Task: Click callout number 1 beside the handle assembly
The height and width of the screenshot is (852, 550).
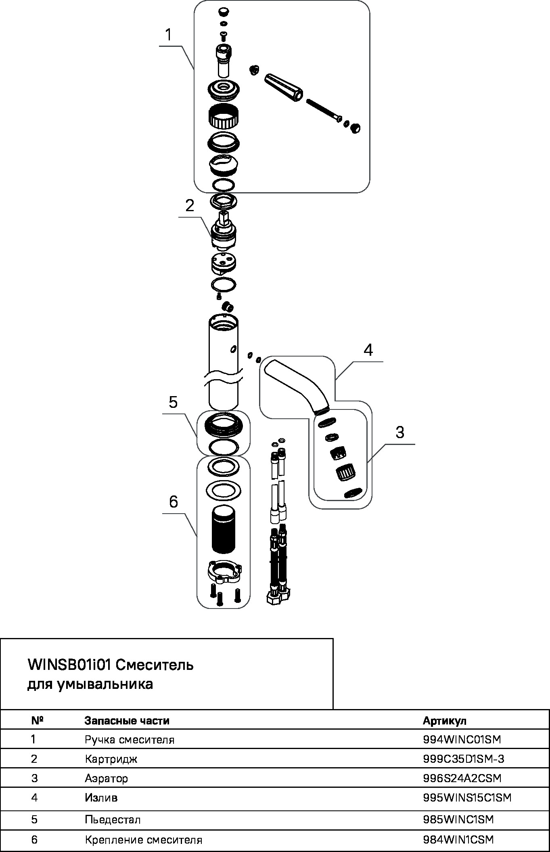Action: pyautogui.click(x=168, y=35)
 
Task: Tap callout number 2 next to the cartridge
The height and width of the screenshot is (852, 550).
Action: pyautogui.click(x=190, y=206)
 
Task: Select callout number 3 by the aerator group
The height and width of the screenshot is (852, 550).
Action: pyautogui.click(x=399, y=432)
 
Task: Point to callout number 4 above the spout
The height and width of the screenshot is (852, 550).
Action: pyautogui.click(x=368, y=350)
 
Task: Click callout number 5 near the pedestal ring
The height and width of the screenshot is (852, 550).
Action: pyautogui.click(x=173, y=402)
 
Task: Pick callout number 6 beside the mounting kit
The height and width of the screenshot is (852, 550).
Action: pyautogui.click(x=173, y=502)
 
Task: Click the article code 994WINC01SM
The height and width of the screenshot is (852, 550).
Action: pyautogui.click(x=462, y=740)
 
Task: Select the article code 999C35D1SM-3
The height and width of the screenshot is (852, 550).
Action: pyautogui.click(x=464, y=759)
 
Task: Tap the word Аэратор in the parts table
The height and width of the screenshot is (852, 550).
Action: pyautogui.click(x=106, y=779)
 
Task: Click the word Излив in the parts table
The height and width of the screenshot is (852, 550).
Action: pyautogui.click(x=101, y=798)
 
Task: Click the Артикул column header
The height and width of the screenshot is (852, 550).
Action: pyautogui.click(x=444, y=721)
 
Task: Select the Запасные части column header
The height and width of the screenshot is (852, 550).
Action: pyautogui.click(x=127, y=721)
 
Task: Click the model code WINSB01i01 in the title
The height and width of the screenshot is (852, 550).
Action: pyautogui.click(x=69, y=665)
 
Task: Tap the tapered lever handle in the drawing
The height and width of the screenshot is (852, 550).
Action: pyautogui.click(x=284, y=87)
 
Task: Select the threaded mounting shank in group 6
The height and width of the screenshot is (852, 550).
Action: pyautogui.click(x=223, y=529)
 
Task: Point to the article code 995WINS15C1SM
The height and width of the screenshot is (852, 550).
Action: pyautogui.click(x=467, y=798)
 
